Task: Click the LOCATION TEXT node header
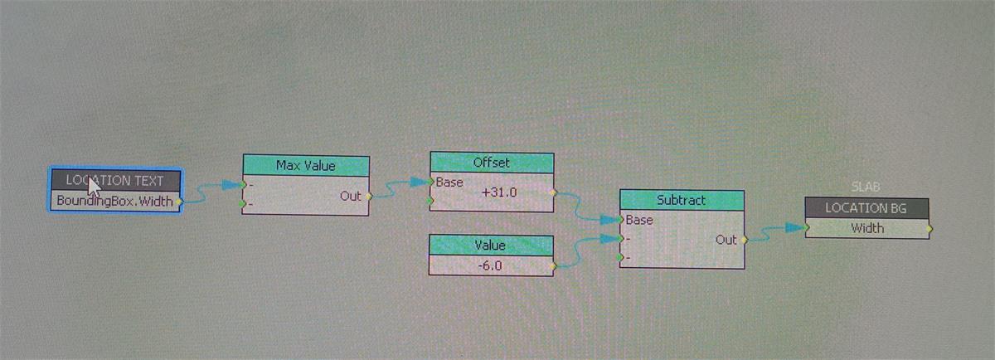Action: tap(115, 181)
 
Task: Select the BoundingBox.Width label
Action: tap(114, 202)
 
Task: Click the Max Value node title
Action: tap(306, 166)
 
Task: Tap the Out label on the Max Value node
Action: tap(351, 196)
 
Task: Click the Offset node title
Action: tap(491, 163)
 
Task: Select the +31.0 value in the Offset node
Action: tap(499, 192)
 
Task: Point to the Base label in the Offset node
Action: tap(449, 182)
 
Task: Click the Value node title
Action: tap(490, 246)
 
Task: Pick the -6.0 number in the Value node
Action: tap(490, 265)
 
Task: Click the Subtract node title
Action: tap(681, 201)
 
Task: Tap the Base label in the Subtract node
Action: tap(639, 220)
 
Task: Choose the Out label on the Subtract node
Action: tap(726, 240)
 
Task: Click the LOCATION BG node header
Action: tap(866, 208)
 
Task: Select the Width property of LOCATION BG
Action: tap(867, 228)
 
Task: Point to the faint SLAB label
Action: tap(866, 187)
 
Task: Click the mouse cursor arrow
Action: tap(93, 187)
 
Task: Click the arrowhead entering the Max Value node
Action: tap(232, 184)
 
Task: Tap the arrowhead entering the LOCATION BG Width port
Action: tap(795, 227)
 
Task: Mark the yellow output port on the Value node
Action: tap(553, 266)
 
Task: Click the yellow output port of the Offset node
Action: tap(553, 192)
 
